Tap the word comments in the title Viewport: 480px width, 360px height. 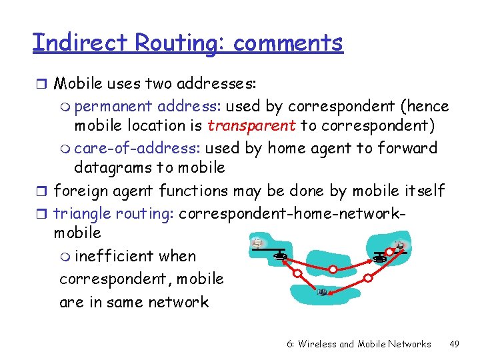pyautogui.click(x=288, y=43)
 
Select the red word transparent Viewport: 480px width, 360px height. pyautogui.click(x=251, y=125)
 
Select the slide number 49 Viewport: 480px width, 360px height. pyautogui.click(x=455, y=344)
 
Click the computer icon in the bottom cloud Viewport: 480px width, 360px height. pyautogui.click(x=323, y=292)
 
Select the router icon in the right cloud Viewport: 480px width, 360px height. pyautogui.click(x=381, y=257)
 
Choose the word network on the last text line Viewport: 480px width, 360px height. pyautogui.click(x=178, y=302)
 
